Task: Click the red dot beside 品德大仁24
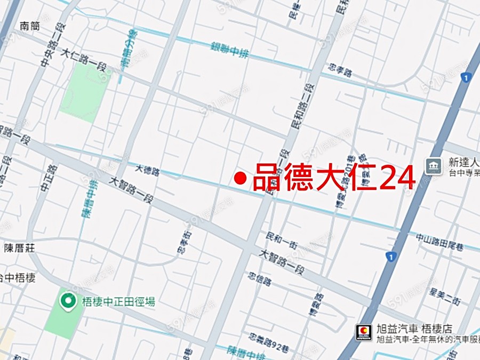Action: point(241,179)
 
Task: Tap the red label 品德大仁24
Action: point(333,178)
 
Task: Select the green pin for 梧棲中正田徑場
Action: point(68,302)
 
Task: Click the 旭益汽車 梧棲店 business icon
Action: point(364,332)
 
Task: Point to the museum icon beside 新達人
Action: point(434,166)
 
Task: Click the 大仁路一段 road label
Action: point(82,59)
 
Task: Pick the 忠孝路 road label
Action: point(341,70)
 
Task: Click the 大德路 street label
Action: point(147,170)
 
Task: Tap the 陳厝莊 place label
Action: point(19,248)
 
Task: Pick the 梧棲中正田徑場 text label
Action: point(118,302)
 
